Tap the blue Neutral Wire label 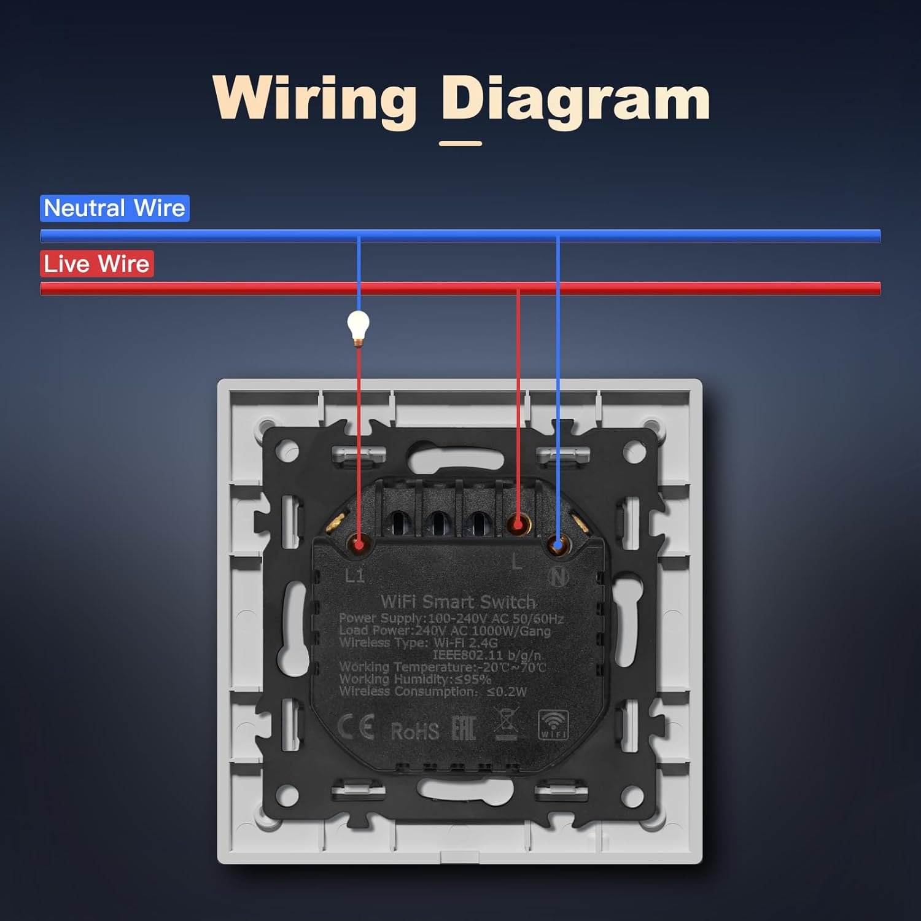[115, 208]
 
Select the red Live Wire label [97, 263]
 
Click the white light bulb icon [358, 325]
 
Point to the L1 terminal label [355, 575]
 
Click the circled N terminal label [559, 576]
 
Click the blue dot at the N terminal [557, 544]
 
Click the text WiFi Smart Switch [458, 602]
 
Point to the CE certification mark [356, 728]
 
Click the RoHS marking [415, 731]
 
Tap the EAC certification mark [464, 729]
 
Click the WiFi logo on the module [553, 725]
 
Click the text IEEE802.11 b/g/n [487, 655]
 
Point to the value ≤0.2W [507, 691]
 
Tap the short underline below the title [460, 144]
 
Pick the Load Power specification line [445, 631]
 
